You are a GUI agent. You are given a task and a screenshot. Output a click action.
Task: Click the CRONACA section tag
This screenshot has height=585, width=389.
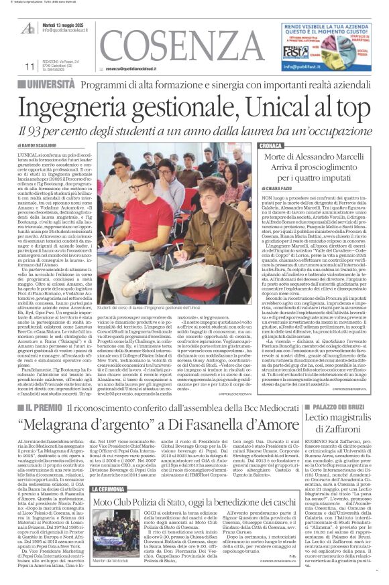click(x=271, y=145)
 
